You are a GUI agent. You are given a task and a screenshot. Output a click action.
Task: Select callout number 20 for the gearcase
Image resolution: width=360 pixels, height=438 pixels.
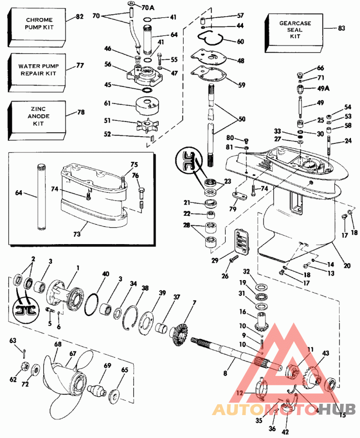pos(346,266)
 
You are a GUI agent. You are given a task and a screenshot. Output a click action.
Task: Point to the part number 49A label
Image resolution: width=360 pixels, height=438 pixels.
pos(324,88)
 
